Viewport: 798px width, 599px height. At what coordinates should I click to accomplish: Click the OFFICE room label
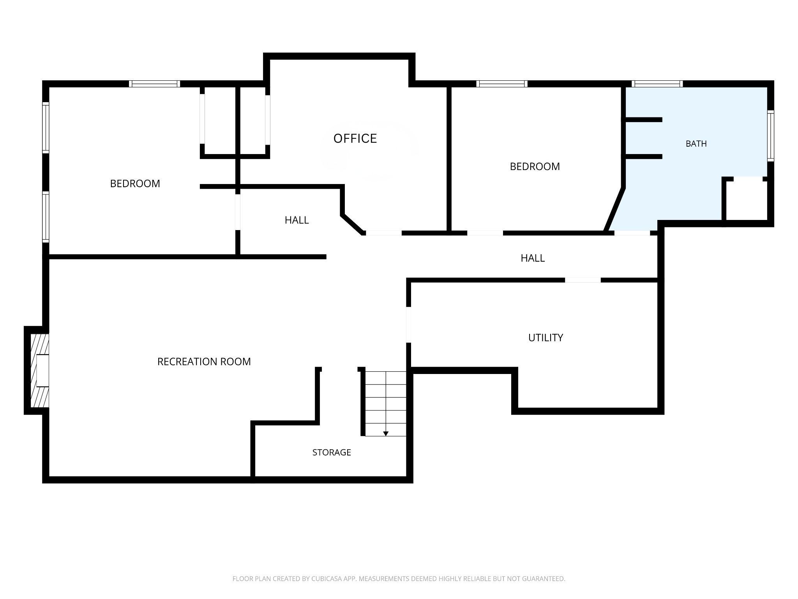355,138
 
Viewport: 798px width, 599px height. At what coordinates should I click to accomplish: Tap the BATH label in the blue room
696,144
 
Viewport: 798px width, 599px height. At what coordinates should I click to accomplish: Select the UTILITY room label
546,338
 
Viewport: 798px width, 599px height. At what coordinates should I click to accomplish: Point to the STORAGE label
332,452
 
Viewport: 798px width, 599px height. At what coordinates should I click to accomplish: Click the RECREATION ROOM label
204,362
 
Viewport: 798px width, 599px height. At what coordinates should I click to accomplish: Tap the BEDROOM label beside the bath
535,167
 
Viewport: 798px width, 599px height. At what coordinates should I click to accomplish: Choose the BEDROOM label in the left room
135,184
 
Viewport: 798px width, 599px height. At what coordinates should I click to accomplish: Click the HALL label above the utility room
533,258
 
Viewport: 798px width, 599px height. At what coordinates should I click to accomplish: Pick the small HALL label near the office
297,220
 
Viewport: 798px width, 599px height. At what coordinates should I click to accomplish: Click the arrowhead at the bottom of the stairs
386,434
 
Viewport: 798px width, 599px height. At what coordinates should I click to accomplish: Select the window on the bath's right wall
770,136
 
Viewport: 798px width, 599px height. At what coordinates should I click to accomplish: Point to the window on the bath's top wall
657,84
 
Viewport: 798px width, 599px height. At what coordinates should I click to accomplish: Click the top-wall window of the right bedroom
501,84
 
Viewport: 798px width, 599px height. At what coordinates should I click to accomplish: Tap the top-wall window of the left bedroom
154,84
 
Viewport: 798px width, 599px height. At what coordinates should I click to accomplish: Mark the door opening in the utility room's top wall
583,280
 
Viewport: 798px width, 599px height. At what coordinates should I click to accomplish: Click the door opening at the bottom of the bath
632,233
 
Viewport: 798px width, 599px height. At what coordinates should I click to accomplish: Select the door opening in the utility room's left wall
409,324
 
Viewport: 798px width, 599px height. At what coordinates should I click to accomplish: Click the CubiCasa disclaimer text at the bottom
399,579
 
